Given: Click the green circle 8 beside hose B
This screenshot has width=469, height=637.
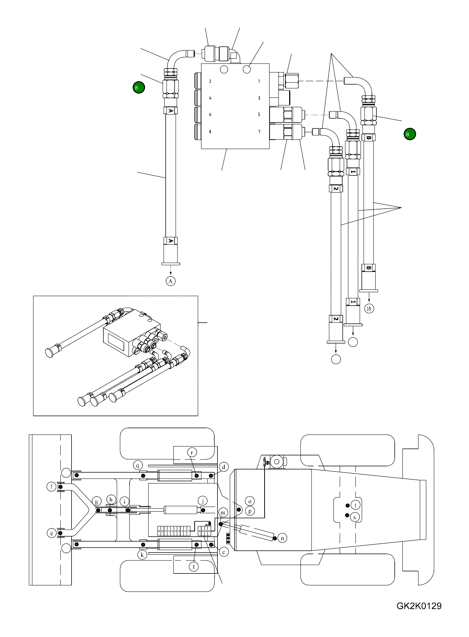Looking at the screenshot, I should pyautogui.click(x=410, y=134).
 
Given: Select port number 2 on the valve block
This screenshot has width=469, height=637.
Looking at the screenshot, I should pyautogui.click(x=210, y=81).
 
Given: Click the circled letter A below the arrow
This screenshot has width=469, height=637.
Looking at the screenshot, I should pyautogui.click(x=170, y=281).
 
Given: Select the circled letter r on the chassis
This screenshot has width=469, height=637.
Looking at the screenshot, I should pyautogui.click(x=192, y=453).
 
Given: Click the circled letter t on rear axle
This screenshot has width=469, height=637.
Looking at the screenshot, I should pyautogui.click(x=355, y=505).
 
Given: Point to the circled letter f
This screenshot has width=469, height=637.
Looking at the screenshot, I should pyautogui.click(x=52, y=487).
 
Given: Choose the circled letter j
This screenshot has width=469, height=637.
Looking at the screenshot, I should pyautogui.click(x=203, y=500).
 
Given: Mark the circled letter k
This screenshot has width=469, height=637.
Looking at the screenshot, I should pyautogui.click(x=142, y=555).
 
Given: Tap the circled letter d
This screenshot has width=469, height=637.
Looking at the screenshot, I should pyautogui.click(x=224, y=467).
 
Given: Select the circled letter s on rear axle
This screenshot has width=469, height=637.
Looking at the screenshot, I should pyautogui.click(x=355, y=517).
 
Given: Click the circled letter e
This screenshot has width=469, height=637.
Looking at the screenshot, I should pyautogui.click(x=52, y=533).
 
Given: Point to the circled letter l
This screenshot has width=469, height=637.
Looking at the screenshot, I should pyautogui.click(x=194, y=567).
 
